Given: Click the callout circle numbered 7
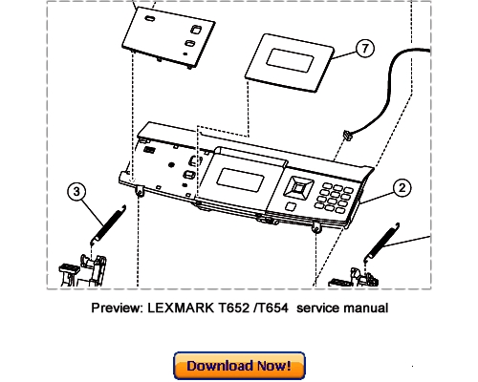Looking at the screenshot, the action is [364, 49].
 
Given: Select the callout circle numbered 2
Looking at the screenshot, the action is [402, 188].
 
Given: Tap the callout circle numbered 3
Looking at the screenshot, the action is [76, 192].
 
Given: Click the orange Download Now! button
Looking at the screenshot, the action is [239, 366].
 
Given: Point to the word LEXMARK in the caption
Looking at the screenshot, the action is [181, 308].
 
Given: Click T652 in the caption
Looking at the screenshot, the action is [233, 308].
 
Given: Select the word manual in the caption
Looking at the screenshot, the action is [366, 308].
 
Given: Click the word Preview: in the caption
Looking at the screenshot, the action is [118, 308].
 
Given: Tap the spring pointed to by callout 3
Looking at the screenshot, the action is [108, 224].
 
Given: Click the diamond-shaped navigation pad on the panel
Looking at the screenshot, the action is [298, 187].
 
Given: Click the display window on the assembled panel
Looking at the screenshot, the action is [240, 180].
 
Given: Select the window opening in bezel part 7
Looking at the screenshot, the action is [290, 60].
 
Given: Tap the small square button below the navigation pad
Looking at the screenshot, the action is [290, 206].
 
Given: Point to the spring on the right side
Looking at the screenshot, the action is [381, 240].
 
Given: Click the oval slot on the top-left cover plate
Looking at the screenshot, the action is [150, 18].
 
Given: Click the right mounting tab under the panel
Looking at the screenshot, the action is [316, 227].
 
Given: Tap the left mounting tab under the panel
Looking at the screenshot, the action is [140, 190].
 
